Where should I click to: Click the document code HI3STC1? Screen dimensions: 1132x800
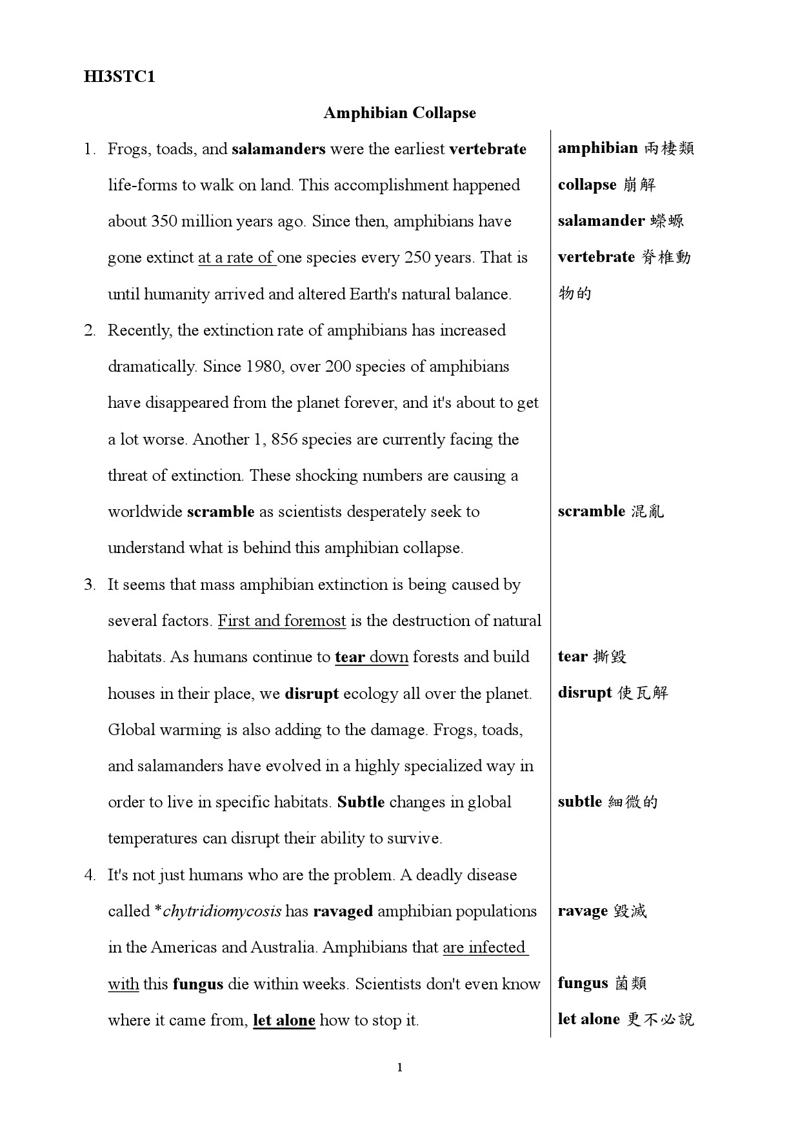point(119,77)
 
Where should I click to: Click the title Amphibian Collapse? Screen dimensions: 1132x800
point(399,113)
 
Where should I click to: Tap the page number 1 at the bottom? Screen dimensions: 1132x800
point(400,1067)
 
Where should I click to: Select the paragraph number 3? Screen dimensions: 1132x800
point(90,585)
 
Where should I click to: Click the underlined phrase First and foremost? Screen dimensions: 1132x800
point(282,621)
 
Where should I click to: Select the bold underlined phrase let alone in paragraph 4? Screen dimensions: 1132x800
point(284,1020)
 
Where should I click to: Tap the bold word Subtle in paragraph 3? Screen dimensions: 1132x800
point(361,802)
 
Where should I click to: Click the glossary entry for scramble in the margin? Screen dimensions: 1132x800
point(610,512)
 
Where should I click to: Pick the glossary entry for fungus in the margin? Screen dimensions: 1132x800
point(601,984)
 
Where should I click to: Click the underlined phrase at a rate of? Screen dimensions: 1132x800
point(236,258)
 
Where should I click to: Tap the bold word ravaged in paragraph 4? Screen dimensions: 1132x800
point(343,911)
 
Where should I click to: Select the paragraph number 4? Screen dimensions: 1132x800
point(90,875)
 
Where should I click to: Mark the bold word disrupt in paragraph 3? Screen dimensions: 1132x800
point(312,694)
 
